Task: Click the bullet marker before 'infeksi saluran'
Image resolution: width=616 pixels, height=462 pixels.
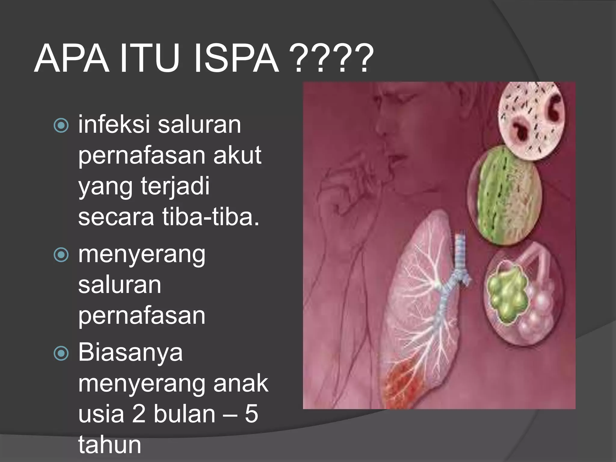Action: tap(61, 125)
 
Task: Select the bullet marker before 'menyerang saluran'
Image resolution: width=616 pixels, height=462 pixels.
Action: tap(61, 255)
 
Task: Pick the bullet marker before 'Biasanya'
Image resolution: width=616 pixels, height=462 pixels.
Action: tap(61, 353)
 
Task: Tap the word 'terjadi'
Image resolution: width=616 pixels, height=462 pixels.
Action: tap(175, 186)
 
